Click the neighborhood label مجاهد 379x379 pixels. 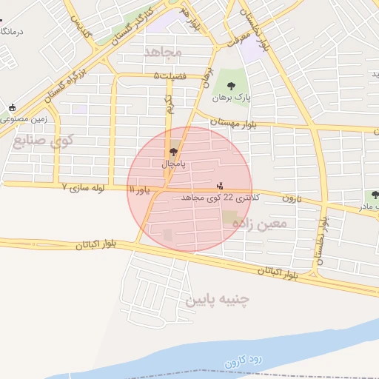(x=163, y=52)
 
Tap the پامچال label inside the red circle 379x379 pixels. (x=173, y=162)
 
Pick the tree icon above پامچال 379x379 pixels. (x=173, y=151)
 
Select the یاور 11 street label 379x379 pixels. (x=139, y=190)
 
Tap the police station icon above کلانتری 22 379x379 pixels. (x=219, y=186)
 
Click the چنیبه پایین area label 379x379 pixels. (x=218, y=300)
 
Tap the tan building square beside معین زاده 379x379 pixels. (x=230, y=220)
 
